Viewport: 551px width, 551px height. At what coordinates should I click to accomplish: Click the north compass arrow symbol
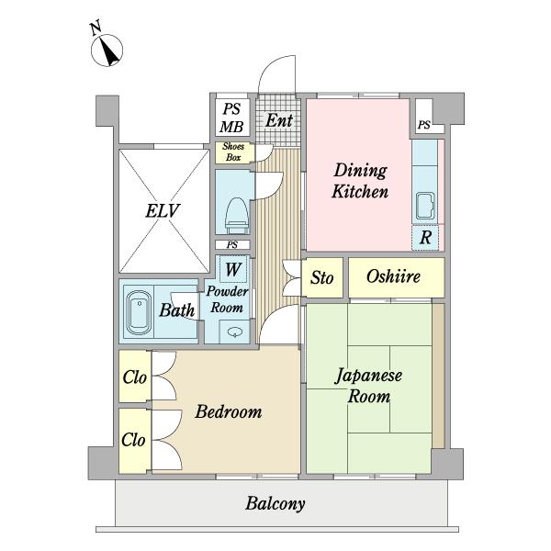107,51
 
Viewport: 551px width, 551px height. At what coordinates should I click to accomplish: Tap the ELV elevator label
163,211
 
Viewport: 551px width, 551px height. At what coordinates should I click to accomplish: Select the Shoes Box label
233,152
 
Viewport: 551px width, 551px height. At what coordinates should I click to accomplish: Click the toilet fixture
237,216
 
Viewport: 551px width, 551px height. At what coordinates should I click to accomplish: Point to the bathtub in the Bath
139,312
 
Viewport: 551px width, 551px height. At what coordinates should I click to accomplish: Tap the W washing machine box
233,269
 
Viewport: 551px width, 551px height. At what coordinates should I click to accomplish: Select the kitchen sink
425,206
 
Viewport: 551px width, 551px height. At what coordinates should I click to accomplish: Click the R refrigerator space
425,238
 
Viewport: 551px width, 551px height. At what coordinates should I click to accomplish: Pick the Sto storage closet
322,277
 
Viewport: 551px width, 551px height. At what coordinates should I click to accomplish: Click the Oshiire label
393,276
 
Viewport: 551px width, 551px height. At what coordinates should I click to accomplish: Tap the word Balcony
275,503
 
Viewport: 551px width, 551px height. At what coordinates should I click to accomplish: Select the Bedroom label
229,411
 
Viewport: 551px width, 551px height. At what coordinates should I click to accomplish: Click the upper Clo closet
135,377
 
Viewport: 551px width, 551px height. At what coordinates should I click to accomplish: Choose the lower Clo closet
135,441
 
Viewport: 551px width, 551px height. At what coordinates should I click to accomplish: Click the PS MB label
231,118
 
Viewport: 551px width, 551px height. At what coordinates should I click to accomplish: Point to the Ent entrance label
279,120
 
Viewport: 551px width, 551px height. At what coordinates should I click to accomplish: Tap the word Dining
361,171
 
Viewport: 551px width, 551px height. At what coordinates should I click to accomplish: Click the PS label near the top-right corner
423,125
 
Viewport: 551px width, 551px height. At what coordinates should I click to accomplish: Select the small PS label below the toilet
232,244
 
